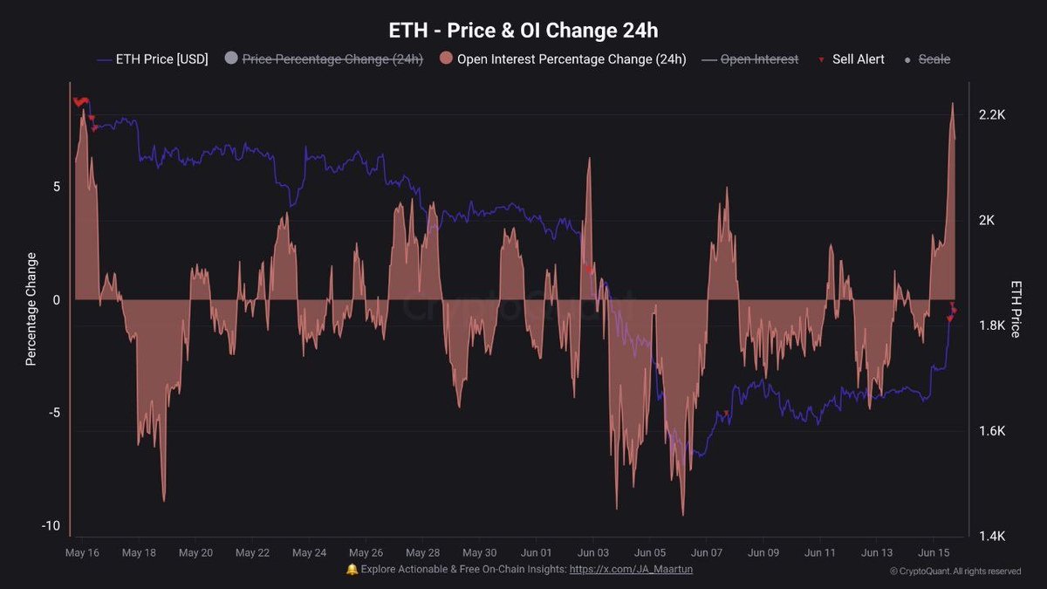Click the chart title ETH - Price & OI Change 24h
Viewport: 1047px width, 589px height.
[523, 31]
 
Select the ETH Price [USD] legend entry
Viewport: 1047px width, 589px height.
[153, 59]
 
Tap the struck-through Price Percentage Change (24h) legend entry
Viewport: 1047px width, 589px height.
[324, 59]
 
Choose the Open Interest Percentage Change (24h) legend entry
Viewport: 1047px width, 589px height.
[563, 59]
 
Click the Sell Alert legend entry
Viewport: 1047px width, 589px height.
[852, 59]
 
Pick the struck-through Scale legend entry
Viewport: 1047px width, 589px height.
[927, 59]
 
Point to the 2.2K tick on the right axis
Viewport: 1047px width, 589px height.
[992, 115]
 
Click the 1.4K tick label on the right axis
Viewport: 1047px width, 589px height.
[992, 536]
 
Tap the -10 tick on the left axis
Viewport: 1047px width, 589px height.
[51, 525]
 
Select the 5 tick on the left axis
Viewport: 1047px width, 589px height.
[57, 187]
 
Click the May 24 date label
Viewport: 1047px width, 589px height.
[309, 552]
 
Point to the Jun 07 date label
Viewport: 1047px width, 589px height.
[706, 552]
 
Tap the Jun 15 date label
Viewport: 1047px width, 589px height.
[934, 552]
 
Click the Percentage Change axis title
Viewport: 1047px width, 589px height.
[31, 309]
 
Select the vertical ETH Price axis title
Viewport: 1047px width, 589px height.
[1016, 309]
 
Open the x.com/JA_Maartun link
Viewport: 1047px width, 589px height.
[631, 569]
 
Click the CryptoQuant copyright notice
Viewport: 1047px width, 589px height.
[955, 572]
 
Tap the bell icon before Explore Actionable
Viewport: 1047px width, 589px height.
[352, 569]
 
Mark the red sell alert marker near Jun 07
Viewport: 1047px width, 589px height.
[726, 414]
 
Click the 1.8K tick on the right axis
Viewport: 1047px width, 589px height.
[992, 325]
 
